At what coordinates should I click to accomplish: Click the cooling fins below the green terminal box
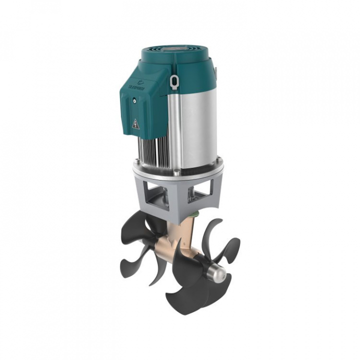click(152, 150)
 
